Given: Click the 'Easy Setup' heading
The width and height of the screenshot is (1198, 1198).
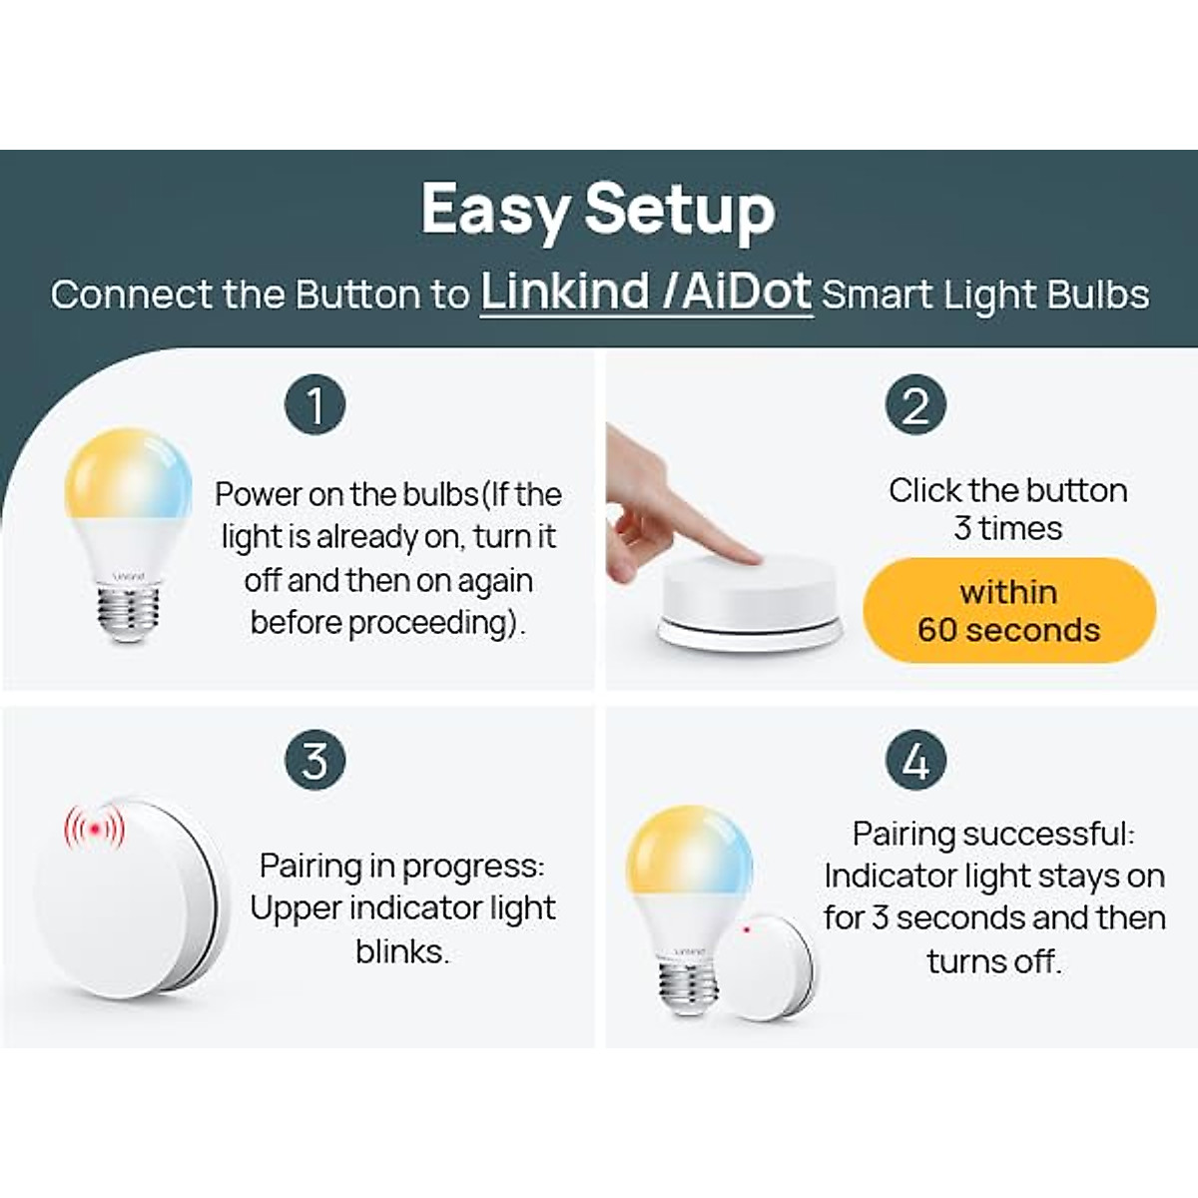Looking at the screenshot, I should [598, 211].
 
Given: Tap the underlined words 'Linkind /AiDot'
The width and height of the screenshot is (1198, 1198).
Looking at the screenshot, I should [646, 293].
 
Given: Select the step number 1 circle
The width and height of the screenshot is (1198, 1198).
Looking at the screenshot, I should [314, 405].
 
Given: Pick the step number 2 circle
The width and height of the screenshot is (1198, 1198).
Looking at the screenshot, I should [914, 405].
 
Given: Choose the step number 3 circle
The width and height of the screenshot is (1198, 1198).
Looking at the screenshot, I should [314, 761].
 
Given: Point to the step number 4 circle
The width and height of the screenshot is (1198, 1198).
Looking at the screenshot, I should [914, 761].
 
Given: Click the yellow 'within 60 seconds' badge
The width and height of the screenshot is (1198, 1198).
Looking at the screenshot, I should [1008, 610].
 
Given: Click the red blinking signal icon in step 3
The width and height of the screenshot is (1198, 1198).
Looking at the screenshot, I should [95, 829].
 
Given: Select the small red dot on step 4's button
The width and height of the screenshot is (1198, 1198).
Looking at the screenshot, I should [747, 929].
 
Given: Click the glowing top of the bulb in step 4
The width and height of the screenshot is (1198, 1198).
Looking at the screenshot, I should [688, 849].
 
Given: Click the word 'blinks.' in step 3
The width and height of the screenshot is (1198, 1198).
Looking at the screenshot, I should [402, 951].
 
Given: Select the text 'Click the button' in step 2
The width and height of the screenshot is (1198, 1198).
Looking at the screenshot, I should [1008, 490].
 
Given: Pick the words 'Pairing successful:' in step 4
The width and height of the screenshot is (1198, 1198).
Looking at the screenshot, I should [993, 834].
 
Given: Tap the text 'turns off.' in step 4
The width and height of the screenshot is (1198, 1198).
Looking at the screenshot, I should [993, 961].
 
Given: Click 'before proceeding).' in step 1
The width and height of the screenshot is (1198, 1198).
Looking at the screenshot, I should [387, 623].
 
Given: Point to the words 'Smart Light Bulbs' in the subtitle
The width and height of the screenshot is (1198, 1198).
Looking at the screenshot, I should [985, 295].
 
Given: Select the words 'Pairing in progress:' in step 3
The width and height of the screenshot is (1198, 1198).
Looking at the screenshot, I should [402, 866].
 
